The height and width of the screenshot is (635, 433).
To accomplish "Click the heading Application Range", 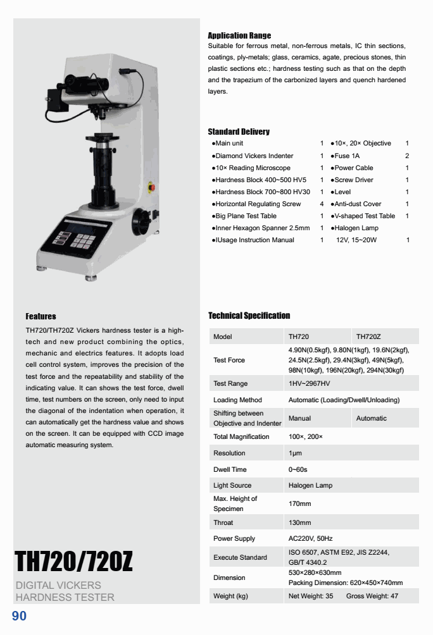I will pyautogui.click(x=239, y=35).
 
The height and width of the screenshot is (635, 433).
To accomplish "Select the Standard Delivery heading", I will pyautogui.click(x=239, y=132).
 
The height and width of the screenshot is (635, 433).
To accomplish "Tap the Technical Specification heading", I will pyautogui.click(x=249, y=316).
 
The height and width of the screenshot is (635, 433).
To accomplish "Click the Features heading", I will pyautogui.click(x=41, y=316).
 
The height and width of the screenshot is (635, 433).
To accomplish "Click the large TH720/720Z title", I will pyautogui.click(x=73, y=561).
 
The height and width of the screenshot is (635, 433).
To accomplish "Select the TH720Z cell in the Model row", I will pyautogui.click(x=368, y=336).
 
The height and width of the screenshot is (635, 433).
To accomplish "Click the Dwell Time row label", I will pyautogui.click(x=230, y=469).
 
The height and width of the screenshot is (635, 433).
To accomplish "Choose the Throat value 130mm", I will pyautogui.click(x=299, y=523).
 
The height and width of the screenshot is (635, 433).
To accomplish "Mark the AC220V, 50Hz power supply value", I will pyautogui.click(x=310, y=539).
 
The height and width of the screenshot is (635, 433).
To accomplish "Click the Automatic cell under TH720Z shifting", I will pyautogui.click(x=371, y=418).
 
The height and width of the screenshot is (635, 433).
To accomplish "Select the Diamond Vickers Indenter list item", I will pyautogui.click(x=254, y=156).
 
